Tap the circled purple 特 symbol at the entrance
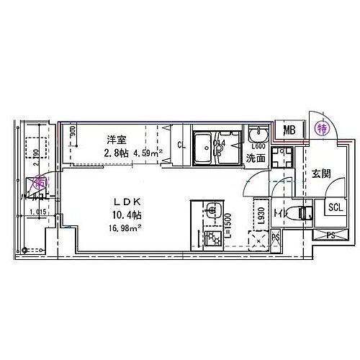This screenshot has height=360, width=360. [322, 130]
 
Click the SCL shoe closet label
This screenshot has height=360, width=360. [336, 208]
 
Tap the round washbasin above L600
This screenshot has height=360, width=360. [256, 136]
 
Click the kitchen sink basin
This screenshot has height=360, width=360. [211, 211]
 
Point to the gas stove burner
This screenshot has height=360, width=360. [212, 238]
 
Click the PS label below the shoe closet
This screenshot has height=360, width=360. [330, 234]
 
